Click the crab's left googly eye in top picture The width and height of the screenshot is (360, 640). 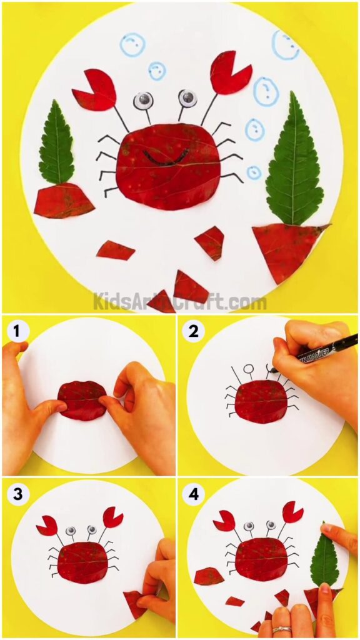(143, 100)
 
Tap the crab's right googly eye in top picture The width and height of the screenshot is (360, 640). (187, 98)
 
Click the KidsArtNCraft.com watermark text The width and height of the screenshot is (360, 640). (180, 302)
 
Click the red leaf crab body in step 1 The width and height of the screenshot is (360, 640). (82, 401)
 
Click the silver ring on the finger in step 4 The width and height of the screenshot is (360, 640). (281, 629)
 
